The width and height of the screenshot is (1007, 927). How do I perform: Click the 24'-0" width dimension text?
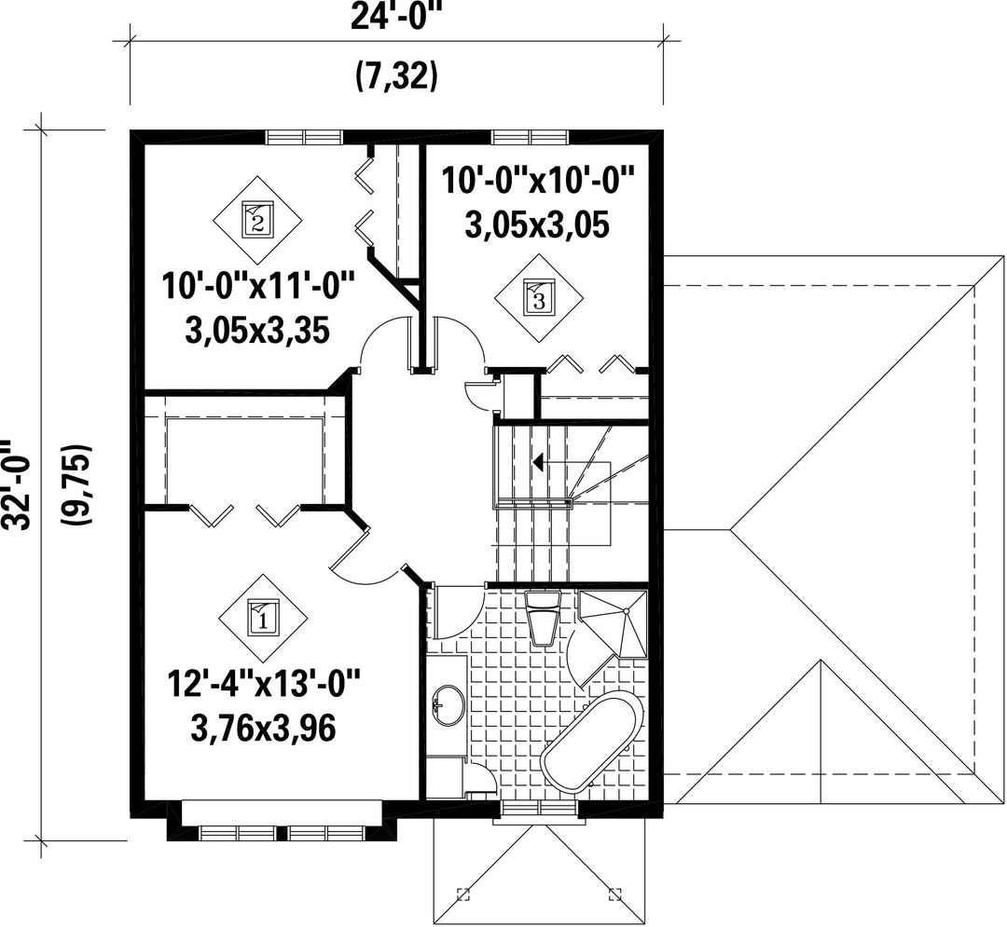[397, 18]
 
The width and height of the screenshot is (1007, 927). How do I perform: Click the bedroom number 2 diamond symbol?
[257, 219]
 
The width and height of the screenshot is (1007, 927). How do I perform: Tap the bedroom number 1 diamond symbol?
[263, 618]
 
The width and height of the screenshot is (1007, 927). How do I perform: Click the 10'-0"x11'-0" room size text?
[257, 286]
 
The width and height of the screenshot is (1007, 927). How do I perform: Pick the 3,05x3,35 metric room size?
[257, 331]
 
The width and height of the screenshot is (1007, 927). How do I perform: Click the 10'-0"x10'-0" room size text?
[538, 181]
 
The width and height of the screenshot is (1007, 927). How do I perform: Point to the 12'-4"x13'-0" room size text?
[264, 684]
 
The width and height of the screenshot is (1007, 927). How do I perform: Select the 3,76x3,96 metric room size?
[264, 729]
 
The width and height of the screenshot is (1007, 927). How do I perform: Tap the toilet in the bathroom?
[544, 617]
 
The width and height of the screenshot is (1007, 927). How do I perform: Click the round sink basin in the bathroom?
[448, 705]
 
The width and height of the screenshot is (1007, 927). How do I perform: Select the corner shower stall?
[614, 623]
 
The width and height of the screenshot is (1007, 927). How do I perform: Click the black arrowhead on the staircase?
[538, 462]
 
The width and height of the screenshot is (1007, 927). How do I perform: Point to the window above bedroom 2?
[304, 137]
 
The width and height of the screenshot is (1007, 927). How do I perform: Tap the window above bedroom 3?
[531, 137]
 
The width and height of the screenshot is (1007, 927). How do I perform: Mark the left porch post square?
[462, 893]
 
